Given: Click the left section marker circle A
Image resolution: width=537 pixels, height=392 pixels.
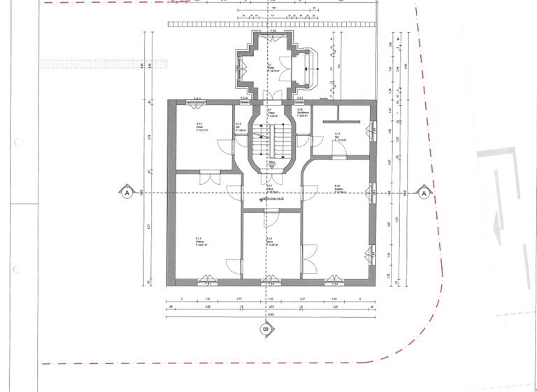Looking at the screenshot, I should [127, 192].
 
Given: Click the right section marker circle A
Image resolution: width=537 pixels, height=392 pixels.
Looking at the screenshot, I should [424, 192].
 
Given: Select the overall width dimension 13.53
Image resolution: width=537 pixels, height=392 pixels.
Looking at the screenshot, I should [270, 314].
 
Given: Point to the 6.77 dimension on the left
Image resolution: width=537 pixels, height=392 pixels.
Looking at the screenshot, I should [150, 226].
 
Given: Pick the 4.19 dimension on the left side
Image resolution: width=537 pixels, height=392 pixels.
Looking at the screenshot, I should [150, 136].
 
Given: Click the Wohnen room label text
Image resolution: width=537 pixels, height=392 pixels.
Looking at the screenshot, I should [200, 241].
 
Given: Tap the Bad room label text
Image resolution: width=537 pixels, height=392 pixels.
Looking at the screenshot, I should [338, 136].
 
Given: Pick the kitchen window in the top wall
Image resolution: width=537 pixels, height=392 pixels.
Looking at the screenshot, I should [198, 101].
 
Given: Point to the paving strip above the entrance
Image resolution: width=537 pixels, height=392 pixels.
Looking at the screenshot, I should [273, 24].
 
